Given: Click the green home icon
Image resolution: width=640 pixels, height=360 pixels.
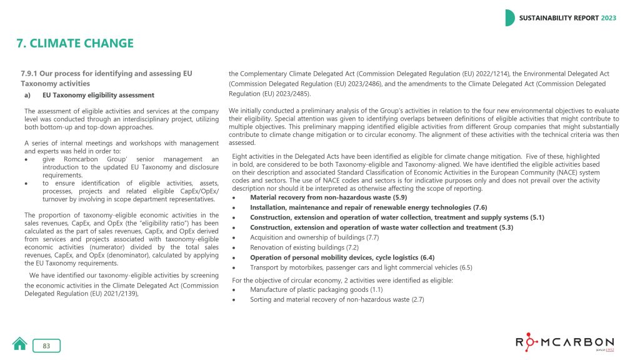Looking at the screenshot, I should [x=20, y=344].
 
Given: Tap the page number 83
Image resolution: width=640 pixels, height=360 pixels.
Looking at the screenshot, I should [x=46, y=346].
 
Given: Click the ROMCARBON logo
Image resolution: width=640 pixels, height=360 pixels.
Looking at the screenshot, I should [x=564, y=343].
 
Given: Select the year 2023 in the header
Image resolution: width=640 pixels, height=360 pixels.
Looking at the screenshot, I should [x=609, y=18].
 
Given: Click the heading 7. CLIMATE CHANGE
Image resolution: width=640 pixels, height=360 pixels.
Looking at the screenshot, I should [x=75, y=43].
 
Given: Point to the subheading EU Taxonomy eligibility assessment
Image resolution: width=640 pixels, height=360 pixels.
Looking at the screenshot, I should [x=98, y=95].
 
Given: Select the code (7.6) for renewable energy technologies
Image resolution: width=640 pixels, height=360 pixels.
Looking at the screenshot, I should [x=478, y=207].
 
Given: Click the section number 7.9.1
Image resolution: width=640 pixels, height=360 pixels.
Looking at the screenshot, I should [x=32, y=74].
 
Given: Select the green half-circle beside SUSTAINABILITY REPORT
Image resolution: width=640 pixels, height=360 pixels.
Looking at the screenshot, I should [x=510, y=18].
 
